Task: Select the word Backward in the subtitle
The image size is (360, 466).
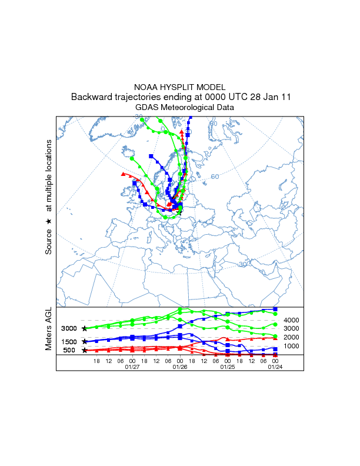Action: pos(93,97)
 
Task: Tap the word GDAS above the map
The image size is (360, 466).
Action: pos(147,108)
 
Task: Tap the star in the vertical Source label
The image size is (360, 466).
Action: pos(49,221)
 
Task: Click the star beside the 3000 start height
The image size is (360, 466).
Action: pos(85,328)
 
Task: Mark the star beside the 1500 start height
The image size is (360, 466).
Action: pos(85,341)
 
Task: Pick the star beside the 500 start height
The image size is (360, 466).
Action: pos(85,350)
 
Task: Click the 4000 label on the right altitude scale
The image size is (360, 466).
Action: pos(292,320)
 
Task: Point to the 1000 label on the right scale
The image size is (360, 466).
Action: pos(292,346)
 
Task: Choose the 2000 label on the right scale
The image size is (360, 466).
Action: pos(292,337)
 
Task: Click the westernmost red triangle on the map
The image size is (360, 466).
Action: pos(123,174)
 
